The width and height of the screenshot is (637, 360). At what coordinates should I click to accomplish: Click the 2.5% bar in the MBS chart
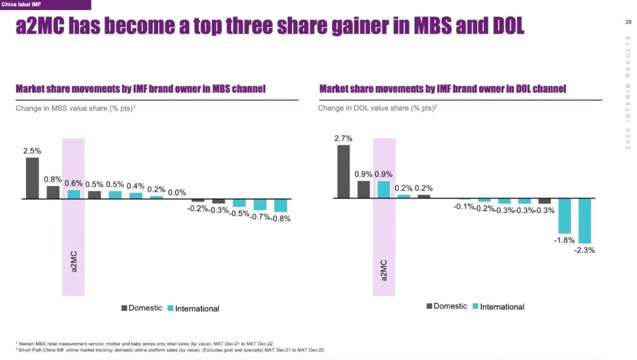click(32, 178)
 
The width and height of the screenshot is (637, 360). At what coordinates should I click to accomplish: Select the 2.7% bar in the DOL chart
click(343, 172)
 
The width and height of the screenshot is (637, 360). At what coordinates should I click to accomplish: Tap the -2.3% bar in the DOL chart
click(585, 221)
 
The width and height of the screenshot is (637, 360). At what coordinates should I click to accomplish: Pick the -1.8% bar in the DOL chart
click(564, 216)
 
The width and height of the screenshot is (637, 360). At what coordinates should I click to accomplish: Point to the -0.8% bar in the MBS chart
click(281, 205)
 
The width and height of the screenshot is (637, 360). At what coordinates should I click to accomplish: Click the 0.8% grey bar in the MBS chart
click(53, 192)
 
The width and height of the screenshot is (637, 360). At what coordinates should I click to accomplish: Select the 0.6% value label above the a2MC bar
click(74, 183)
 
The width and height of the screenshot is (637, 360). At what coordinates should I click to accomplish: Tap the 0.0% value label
click(177, 192)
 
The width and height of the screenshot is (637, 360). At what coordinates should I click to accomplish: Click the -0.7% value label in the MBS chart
click(260, 217)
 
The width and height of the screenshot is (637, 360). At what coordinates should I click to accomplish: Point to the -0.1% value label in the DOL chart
click(464, 206)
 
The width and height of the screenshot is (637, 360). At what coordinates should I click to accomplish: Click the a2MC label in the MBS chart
click(74, 263)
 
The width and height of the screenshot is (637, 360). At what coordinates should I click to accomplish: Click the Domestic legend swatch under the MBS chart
click(124, 308)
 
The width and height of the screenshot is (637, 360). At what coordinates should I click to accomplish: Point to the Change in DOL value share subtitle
click(377, 109)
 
